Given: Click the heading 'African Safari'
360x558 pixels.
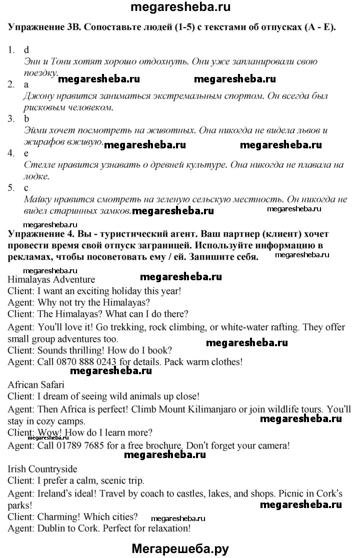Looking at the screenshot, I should tap(36, 385).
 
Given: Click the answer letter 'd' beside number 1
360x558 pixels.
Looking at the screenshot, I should tap(26, 49).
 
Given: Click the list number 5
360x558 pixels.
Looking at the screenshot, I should tap(11, 188).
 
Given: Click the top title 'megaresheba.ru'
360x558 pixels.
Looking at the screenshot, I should tap(179, 8).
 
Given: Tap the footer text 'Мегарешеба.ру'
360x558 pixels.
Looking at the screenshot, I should tap(180, 548).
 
